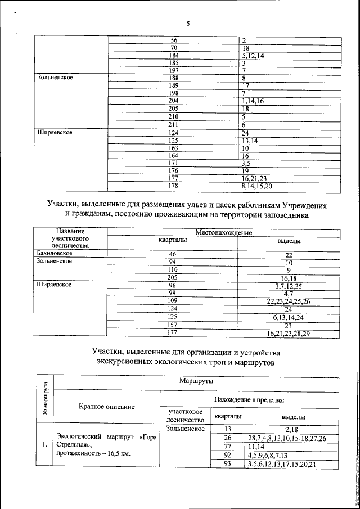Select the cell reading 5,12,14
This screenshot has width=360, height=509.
[253, 56]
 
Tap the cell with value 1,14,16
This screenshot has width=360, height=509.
[253, 101]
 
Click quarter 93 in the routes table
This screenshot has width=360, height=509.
[227, 464]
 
